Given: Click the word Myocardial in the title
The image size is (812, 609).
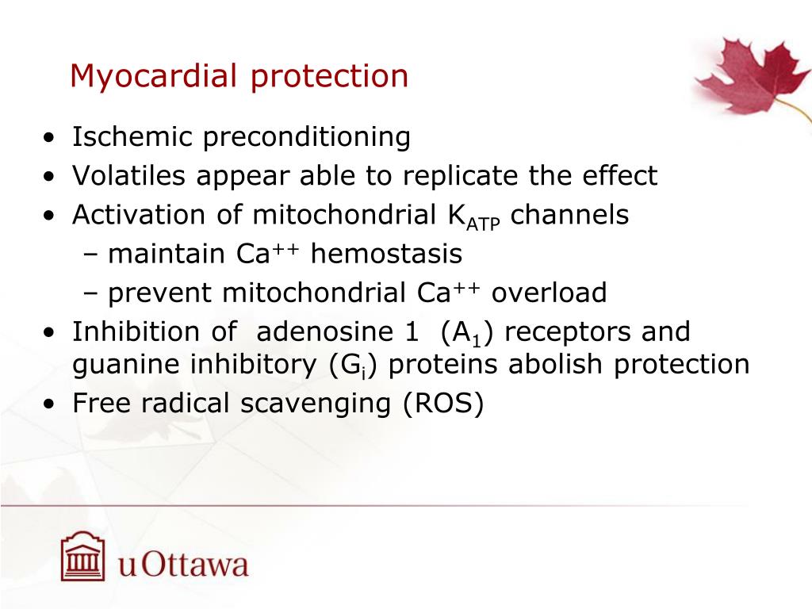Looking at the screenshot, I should [155, 77].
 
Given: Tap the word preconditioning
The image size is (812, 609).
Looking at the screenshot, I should [307, 138].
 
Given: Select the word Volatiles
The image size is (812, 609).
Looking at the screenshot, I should [129, 176].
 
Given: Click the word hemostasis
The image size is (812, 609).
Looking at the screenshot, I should [386, 255].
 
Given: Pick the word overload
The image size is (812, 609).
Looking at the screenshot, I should [549, 293].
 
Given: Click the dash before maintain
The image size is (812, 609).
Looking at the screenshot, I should [89, 255].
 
